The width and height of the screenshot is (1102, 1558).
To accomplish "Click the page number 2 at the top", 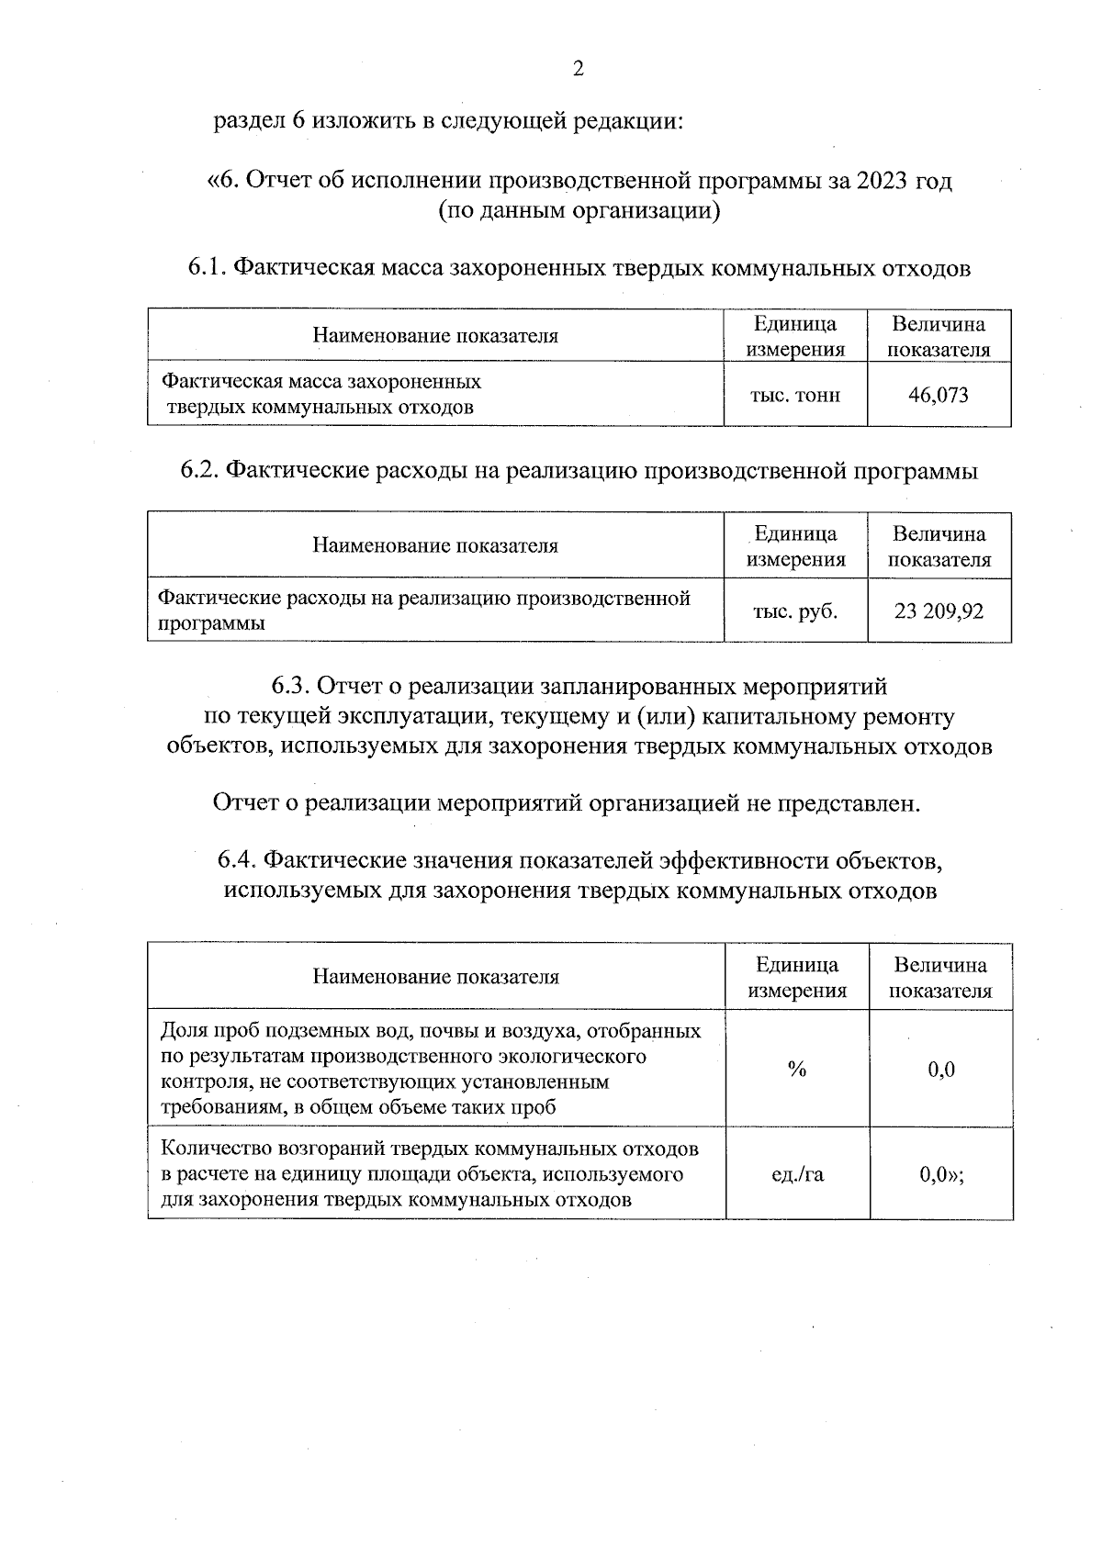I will point(578,69).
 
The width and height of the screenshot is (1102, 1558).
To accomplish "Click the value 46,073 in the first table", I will point(938,396).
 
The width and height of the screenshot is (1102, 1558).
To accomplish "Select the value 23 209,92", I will point(939,611).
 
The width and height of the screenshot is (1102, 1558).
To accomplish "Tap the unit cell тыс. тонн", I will point(795,396).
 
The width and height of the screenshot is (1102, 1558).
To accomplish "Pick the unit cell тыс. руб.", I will point(795,611).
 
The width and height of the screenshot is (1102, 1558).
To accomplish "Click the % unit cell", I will point(796,1070).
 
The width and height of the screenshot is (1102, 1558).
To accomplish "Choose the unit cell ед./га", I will point(797,1174).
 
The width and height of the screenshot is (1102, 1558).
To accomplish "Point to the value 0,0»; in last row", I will point(941,1174).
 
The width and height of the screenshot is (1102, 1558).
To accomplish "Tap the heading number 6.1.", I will point(208,268).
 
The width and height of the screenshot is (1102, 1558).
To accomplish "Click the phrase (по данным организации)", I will point(579,211).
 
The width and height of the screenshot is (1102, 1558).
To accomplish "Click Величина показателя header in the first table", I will point(939,337).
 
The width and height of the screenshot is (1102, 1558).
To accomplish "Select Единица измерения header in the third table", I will point(797,978).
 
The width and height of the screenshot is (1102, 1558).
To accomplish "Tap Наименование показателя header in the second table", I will point(435,546).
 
